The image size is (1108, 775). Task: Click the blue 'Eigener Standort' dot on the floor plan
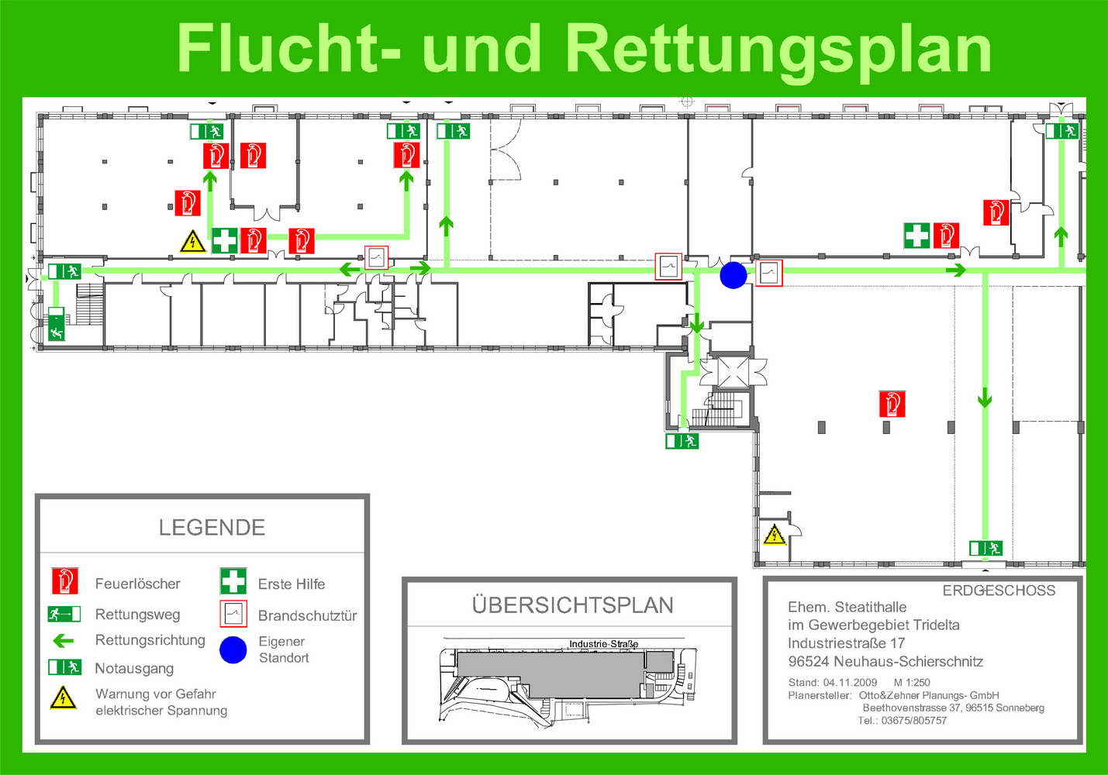pyautogui.click(x=733, y=275)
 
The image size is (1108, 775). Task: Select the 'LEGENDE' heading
pyautogui.click(x=212, y=527)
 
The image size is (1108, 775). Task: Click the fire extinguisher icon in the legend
pyautogui.click(x=65, y=581)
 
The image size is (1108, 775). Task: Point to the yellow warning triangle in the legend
pyautogui.click(x=63, y=698)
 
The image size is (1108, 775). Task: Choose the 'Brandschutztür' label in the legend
pyautogui.click(x=307, y=616)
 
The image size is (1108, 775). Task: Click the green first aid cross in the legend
pyautogui.click(x=233, y=581)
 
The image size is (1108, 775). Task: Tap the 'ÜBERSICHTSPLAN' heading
pyautogui.click(x=572, y=605)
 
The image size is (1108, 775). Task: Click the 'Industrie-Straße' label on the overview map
pyautogui.click(x=603, y=644)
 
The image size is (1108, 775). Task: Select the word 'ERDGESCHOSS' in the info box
pyautogui.click(x=999, y=591)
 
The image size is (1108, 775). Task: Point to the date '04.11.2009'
pyautogui.click(x=850, y=683)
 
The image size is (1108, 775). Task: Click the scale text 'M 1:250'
pyautogui.click(x=912, y=683)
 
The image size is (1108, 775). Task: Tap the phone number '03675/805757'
pyautogui.click(x=913, y=721)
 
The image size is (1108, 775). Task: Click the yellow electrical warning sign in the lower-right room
pyautogui.click(x=774, y=535)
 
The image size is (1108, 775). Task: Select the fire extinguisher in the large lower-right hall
pyautogui.click(x=892, y=404)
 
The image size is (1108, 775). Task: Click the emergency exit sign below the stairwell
pyautogui.click(x=682, y=440)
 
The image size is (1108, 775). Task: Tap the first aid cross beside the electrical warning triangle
pyautogui.click(x=225, y=240)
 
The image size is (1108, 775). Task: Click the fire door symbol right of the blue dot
pyautogui.click(x=768, y=272)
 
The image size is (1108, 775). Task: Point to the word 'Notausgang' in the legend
pyautogui.click(x=134, y=668)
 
